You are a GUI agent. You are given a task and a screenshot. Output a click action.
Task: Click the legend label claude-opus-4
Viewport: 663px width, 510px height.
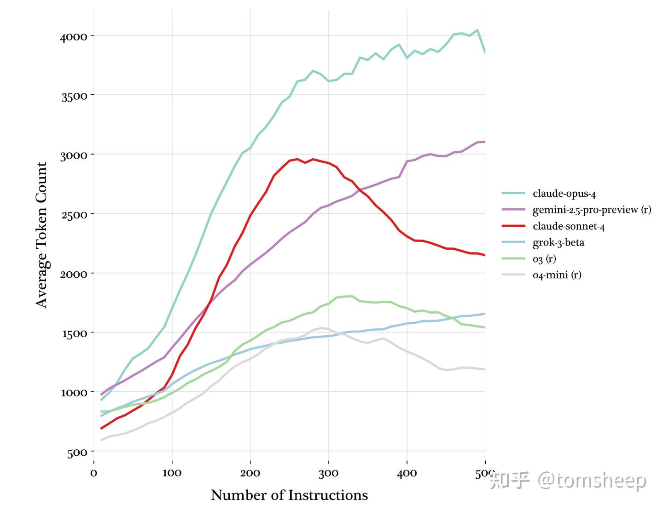(x=564, y=194)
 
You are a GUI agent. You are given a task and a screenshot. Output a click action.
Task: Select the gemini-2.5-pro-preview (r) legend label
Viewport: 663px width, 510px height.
(x=592, y=210)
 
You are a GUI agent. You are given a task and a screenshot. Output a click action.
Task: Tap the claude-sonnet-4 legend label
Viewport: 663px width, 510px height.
(x=569, y=226)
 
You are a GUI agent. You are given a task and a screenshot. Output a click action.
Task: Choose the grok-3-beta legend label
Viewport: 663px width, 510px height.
(x=558, y=243)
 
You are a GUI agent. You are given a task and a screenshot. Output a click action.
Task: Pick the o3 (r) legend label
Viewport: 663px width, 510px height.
(x=544, y=259)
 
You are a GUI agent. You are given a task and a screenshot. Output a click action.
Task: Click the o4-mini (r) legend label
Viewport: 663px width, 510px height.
(x=557, y=275)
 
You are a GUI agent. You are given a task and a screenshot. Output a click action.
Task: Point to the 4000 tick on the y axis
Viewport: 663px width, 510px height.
(x=74, y=36)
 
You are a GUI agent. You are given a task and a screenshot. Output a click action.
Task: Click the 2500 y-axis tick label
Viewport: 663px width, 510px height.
(x=74, y=214)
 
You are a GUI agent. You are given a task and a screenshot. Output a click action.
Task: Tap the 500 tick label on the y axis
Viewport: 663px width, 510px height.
(x=77, y=453)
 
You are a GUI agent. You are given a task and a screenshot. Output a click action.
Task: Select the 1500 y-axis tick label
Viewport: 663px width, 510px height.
(x=75, y=333)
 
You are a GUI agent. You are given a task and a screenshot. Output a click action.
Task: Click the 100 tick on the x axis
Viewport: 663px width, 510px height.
(x=172, y=473)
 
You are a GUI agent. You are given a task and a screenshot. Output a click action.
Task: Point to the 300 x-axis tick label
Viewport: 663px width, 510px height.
(x=328, y=473)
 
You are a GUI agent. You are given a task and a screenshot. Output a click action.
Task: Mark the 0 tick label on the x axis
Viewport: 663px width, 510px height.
(x=93, y=473)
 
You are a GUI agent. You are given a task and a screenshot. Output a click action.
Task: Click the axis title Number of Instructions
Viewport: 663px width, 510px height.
(x=289, y=495)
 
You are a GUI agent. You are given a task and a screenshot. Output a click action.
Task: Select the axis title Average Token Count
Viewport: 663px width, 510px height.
(x=41, y=235)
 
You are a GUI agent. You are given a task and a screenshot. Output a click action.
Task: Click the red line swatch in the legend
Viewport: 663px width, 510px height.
(x=513, y=226)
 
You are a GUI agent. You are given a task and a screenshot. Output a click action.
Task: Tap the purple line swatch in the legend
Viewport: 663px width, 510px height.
(x=513, y=210)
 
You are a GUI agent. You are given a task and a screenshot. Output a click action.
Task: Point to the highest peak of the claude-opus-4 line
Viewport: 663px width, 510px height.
(x=477, y=30)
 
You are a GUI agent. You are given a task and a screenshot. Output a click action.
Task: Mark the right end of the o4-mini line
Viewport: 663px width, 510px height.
(x=484, y=369)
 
